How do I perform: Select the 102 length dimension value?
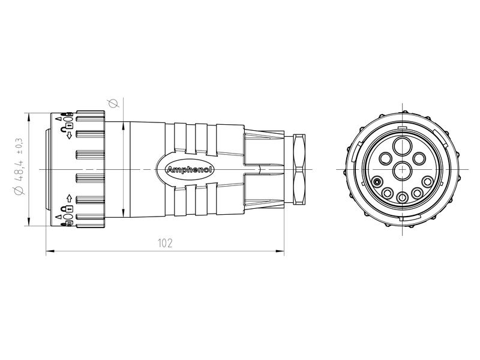165,243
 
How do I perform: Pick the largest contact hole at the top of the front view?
401,146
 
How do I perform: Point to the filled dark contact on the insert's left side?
376,182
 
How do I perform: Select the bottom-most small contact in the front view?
401,196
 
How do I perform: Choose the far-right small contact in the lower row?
427,182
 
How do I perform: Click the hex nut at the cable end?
298,170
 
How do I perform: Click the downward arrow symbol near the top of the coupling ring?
70,136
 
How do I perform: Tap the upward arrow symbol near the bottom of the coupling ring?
70,197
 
